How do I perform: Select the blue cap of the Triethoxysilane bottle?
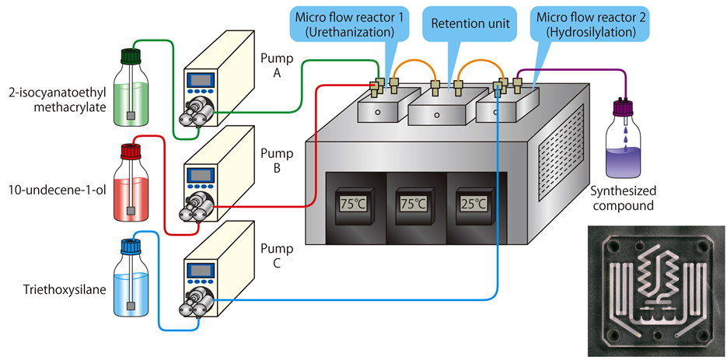tap(129, 246)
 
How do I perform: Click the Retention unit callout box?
tap(470, 24)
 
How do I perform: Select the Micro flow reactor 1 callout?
tap(351, 24)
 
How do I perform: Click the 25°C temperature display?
tap(472, 204)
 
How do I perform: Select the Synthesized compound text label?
tap(623, 198)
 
